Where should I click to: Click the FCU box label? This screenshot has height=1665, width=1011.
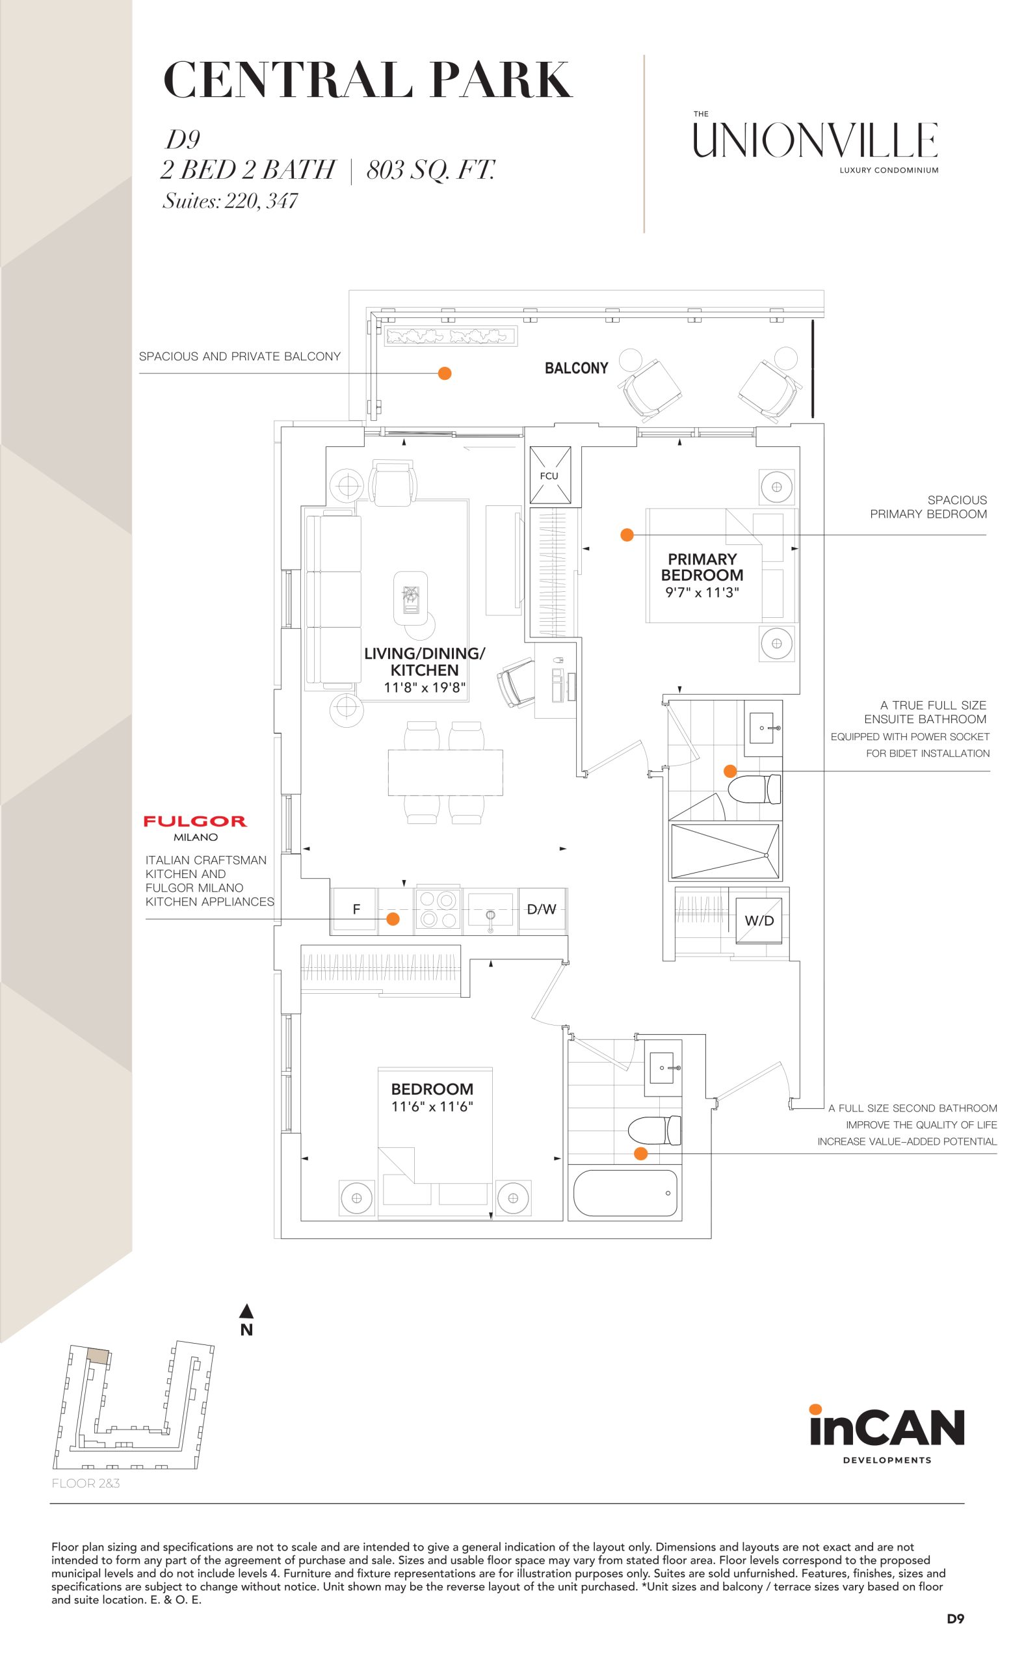(548, 475)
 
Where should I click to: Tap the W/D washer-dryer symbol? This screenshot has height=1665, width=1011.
(759, 920)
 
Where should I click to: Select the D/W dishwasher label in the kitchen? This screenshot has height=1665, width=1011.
(541, 909)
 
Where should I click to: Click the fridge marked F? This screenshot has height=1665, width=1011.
(356, 909)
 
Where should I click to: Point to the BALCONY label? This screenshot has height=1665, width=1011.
(576, 368)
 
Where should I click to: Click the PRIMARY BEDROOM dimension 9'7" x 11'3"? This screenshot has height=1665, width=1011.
(702, 593)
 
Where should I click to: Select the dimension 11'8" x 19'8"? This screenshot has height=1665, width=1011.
(424, 688)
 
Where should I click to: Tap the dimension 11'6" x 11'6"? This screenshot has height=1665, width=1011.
(432, 1106)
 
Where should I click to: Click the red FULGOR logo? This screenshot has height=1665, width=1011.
(194, 821)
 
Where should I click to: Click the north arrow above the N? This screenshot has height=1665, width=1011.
(246, 1312)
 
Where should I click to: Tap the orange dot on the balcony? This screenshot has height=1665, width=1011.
(444, 373)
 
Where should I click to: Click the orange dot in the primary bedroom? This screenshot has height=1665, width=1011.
(627, 535)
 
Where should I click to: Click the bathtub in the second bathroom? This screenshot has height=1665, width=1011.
(624, 1193)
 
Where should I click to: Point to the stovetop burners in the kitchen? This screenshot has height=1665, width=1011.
(437, 909)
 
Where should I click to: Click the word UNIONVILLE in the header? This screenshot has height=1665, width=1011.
(815, 140)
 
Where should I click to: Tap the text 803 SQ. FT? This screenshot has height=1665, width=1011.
(430, 170)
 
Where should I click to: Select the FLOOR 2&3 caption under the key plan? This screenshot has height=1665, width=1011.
(86, 1484)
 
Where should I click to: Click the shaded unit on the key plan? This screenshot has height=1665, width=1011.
(98, 1355)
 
